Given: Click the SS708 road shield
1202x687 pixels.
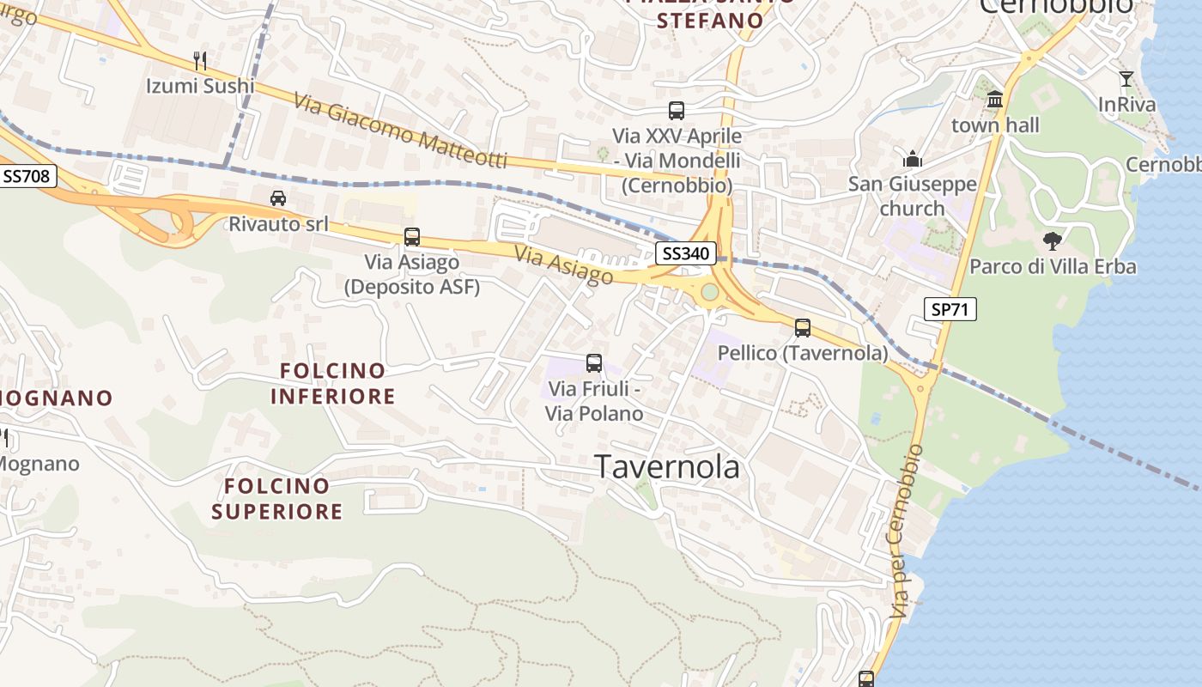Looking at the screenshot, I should pos(27,177).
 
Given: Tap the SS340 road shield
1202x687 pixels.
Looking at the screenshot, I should pos(686,253).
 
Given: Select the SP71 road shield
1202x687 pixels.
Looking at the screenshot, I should pos(950,309).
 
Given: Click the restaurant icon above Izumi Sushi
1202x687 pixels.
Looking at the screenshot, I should pos(200,60).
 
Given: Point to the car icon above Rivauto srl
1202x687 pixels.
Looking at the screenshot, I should pos(278,198).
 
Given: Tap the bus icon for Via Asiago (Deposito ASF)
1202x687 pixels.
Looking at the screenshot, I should pos(412,237).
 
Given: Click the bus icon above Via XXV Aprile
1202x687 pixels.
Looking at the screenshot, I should pos(677,111).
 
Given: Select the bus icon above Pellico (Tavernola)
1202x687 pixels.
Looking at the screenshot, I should pos(803,327).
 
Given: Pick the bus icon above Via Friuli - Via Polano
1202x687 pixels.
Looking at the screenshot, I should pos(594,363).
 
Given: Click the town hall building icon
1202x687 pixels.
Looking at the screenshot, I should pos(995,100).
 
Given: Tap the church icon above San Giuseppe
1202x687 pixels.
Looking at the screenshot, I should pos(912,159).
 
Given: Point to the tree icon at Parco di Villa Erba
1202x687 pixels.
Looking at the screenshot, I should pos(1052,241).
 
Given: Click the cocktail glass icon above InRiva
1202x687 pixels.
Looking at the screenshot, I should pos(1126,80).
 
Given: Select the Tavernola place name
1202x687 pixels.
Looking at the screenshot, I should pos(667,466).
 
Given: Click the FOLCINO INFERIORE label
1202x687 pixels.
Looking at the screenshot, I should pos(333,384).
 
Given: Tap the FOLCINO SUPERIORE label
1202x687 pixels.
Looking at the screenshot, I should pos(276,499).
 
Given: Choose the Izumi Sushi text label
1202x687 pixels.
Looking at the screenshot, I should pos(200,86).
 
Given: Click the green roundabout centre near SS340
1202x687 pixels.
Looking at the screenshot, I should pos(709,292).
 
